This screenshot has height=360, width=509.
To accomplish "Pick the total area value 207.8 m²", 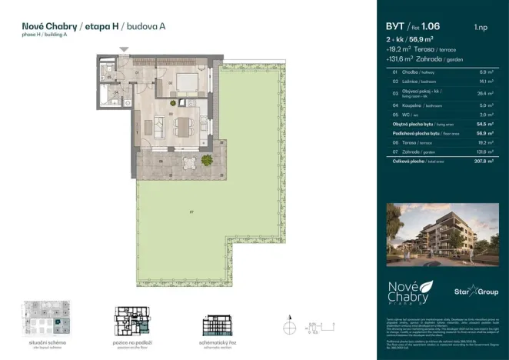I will click(x=482, y=162).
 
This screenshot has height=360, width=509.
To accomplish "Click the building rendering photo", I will click(x=436, y=226).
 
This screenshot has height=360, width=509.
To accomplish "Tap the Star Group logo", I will click(x=469, y=292).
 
